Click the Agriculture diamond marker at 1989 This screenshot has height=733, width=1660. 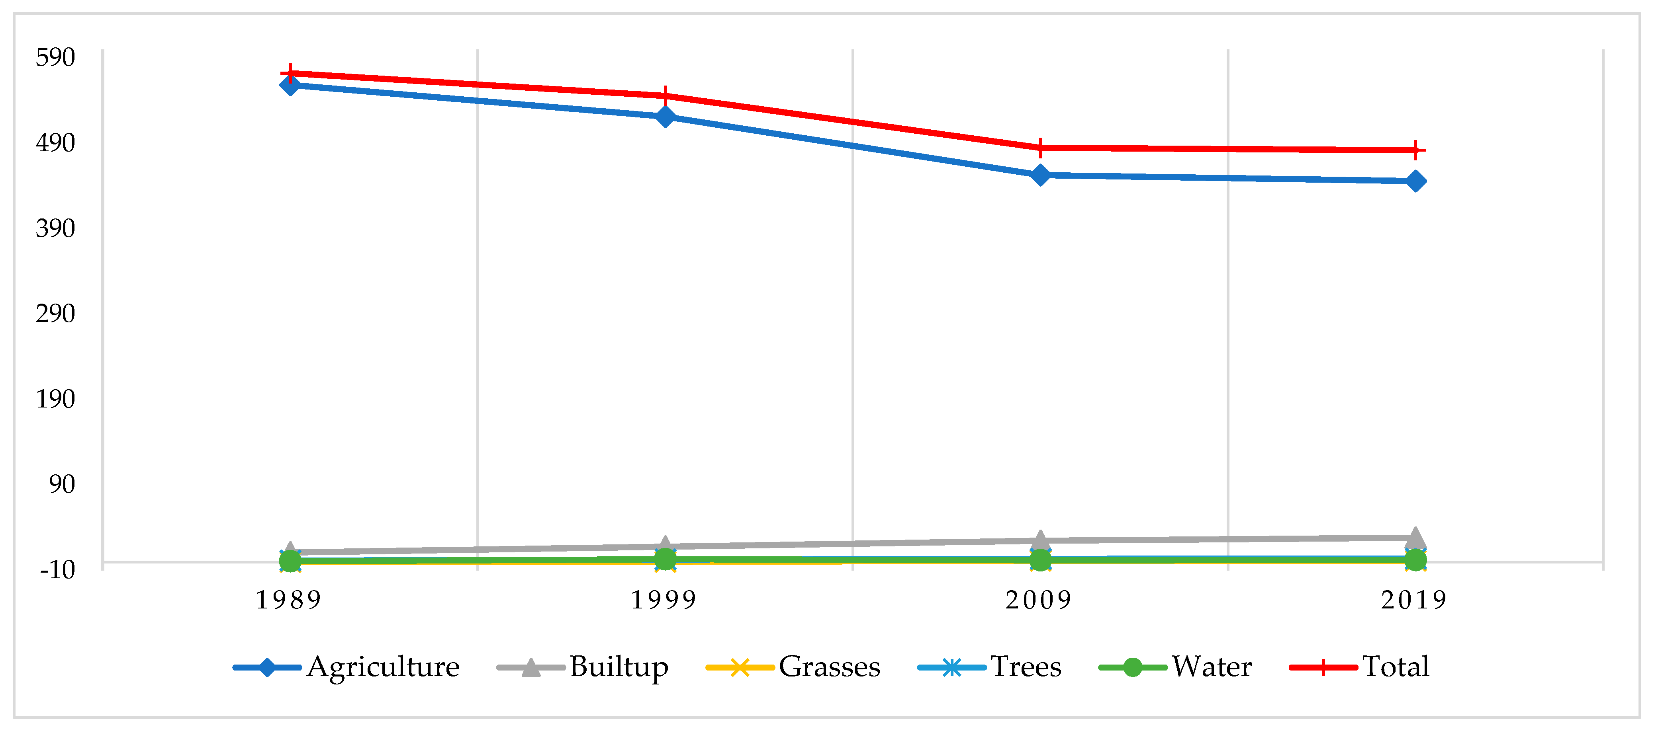[290, 85]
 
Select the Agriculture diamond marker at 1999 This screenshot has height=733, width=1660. [665, 117]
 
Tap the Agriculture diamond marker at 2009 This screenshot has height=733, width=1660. [1040, 175]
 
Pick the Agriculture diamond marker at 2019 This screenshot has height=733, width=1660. [1415, 181]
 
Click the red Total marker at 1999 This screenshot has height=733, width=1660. [665, 96]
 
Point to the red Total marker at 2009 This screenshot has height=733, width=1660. [1040, 148]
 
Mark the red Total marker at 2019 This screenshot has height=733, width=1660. [1415, 150]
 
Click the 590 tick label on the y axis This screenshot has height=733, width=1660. [55, 57]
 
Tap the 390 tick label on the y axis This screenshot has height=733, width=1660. [55, 228]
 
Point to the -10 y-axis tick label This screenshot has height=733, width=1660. [57, 569]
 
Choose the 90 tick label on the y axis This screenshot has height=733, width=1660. [62, 484]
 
